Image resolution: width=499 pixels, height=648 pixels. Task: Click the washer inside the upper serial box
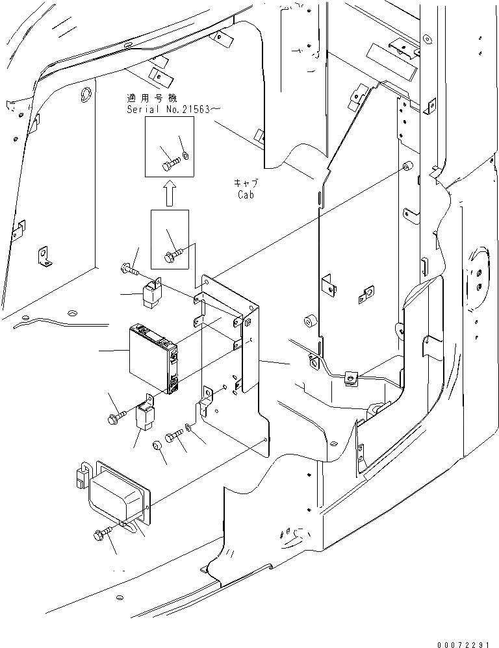186,156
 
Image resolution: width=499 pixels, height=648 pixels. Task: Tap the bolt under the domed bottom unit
103,534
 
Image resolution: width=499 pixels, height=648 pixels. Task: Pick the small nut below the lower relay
157,445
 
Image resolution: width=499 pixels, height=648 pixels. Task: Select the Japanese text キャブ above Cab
248,182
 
